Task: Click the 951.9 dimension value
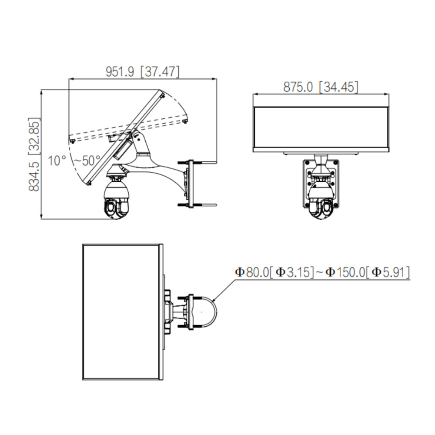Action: pyautogui.click(x=120, y=72)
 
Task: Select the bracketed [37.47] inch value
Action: pyautogui.click(x=160, y=72)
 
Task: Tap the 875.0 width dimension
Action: pyautogui.click(x=298, y=87)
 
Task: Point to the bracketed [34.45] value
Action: pyautogui.click(x=339, y=87)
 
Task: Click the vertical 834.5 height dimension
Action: pyautogui.click(x=34, y=176)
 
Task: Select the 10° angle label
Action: pyautogui.click(x=57, y=161)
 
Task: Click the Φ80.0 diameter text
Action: pyautogui.click(x=251, y=272)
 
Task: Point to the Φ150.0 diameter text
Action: pyautogui.click(x=345, y=272)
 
